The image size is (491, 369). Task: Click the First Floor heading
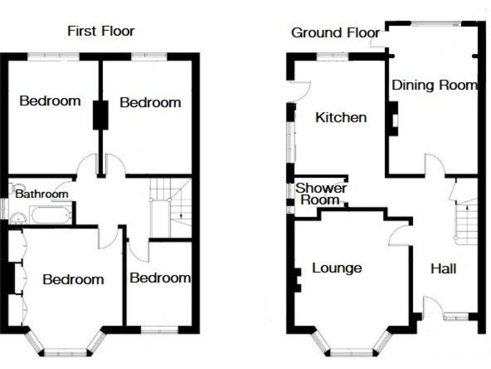click(101, 31)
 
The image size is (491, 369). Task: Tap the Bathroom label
click(42, 193)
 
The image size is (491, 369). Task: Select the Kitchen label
click(341, 117)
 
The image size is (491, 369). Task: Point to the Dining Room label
click(434, 85)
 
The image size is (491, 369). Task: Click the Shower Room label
click(321, 194)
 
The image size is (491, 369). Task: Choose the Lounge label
click(337, 268)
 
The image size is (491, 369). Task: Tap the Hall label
click(443, 268)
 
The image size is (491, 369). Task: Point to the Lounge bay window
click(351, 347)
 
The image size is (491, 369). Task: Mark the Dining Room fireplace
click(394, 122)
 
